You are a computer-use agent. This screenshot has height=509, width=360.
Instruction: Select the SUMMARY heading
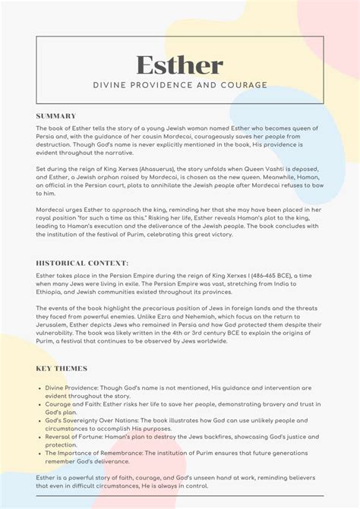(x=56, y=115)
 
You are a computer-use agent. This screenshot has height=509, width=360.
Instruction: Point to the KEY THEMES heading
(x=62, y=368)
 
